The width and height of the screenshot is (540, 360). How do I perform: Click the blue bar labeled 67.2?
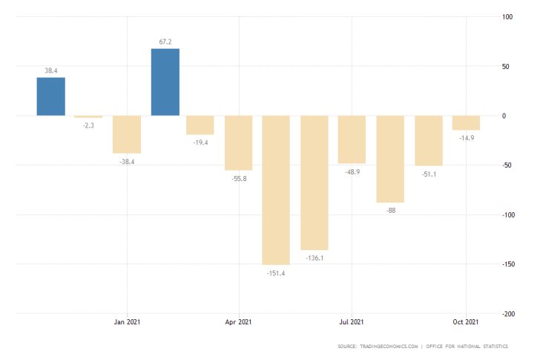click(x=165, y=82)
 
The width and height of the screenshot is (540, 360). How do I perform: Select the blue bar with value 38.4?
click(x=51, y=96)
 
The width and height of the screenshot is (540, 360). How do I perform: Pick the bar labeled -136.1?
click(x=315, y=183)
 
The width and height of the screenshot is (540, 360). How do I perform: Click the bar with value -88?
click(x=390, y=159)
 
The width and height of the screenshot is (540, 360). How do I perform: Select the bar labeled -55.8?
click(x=239, y=143)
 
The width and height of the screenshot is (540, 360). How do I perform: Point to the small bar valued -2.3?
click(x=88, y=117)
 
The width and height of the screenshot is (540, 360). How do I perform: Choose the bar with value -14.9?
click(x=466, y=122)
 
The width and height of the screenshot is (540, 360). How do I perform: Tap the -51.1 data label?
click(x=428, y=174)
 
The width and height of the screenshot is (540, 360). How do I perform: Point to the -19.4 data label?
click(x=200, y=143)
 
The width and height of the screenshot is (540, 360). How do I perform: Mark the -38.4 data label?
click(x=126, y=161)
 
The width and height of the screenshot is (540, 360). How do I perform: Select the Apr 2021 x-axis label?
click(x=239, y=321)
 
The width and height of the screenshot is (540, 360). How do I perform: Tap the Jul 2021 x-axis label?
click(x=352, y=321)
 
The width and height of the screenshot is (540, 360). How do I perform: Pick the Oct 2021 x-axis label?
click(x=465, y=321)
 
